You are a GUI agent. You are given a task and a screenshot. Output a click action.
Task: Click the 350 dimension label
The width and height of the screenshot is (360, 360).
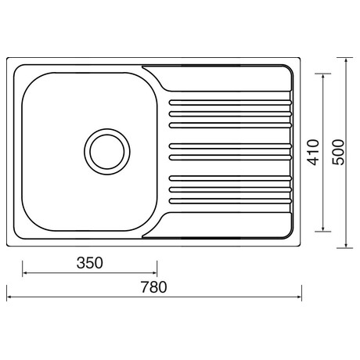90,263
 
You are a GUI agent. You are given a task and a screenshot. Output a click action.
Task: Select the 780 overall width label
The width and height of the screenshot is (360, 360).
154,287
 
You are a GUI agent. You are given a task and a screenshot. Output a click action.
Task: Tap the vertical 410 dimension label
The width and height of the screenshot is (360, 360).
312,152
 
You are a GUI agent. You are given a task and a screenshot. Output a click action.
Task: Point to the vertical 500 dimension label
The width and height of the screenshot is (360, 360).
337,152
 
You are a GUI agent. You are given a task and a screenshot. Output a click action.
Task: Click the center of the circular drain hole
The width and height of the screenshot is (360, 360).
105,151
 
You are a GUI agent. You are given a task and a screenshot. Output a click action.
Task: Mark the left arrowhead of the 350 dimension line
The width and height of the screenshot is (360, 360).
24,273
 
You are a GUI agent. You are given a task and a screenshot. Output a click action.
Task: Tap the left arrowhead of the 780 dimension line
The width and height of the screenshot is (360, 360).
9,297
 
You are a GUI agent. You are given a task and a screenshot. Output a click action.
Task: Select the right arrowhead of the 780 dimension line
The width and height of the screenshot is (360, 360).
301,297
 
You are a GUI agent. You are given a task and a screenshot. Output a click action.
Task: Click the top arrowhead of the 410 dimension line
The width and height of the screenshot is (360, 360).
323,75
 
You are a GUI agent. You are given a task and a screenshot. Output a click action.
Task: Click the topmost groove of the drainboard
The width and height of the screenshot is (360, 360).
230,103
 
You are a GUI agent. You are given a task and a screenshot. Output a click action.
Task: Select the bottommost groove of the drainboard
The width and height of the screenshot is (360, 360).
230,201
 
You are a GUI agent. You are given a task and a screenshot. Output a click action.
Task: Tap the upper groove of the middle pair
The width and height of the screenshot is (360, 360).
230,146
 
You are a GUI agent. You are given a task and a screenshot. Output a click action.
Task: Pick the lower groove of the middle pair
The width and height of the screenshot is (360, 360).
230,157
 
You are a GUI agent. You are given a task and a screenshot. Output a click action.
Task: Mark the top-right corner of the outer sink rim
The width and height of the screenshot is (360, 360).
301,59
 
